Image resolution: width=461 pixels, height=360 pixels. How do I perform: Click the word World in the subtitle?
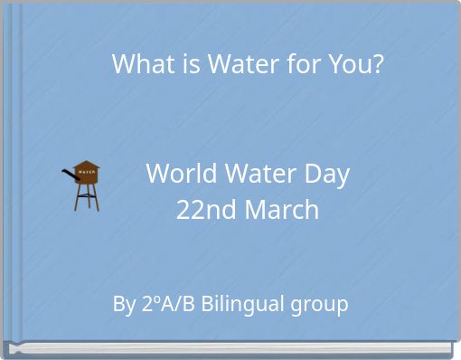(177, 174)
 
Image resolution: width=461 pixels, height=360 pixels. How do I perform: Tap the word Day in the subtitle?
(326, 175)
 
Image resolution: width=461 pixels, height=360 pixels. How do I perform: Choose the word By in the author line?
(124, 304)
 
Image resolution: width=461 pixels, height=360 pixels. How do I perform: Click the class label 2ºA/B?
(168, 304)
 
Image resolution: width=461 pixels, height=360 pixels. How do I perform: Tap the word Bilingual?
(242, 304)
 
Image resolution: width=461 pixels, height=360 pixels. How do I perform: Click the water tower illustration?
(84, 185)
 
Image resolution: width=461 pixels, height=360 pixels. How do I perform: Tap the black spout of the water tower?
(69, 175)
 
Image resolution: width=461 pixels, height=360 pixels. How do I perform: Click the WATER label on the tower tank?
(86, 172)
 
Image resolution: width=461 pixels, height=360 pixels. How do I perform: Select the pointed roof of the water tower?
(86, 163)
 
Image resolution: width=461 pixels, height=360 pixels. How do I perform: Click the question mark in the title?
(377, 65)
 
